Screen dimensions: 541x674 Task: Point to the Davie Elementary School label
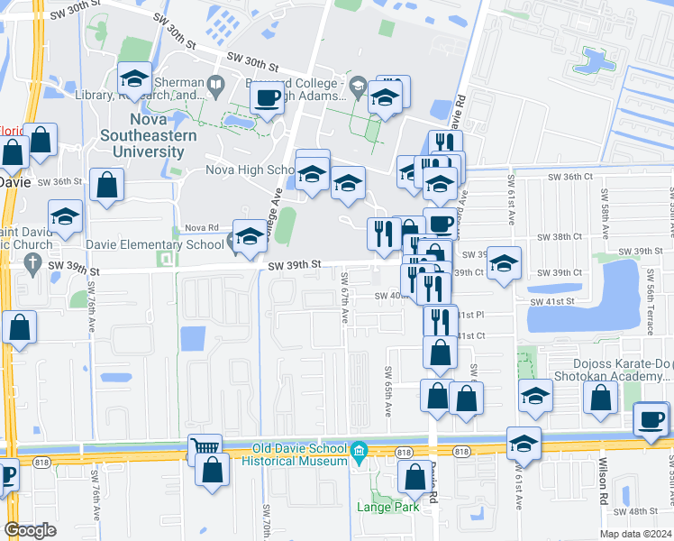[155, 244]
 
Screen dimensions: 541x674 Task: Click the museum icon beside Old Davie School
[359, 450]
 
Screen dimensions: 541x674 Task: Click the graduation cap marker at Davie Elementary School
[250, 236]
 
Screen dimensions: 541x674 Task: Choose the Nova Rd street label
[201, 228]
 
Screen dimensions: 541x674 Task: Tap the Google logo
[30, 530]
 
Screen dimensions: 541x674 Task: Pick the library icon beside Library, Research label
[215, 87]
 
